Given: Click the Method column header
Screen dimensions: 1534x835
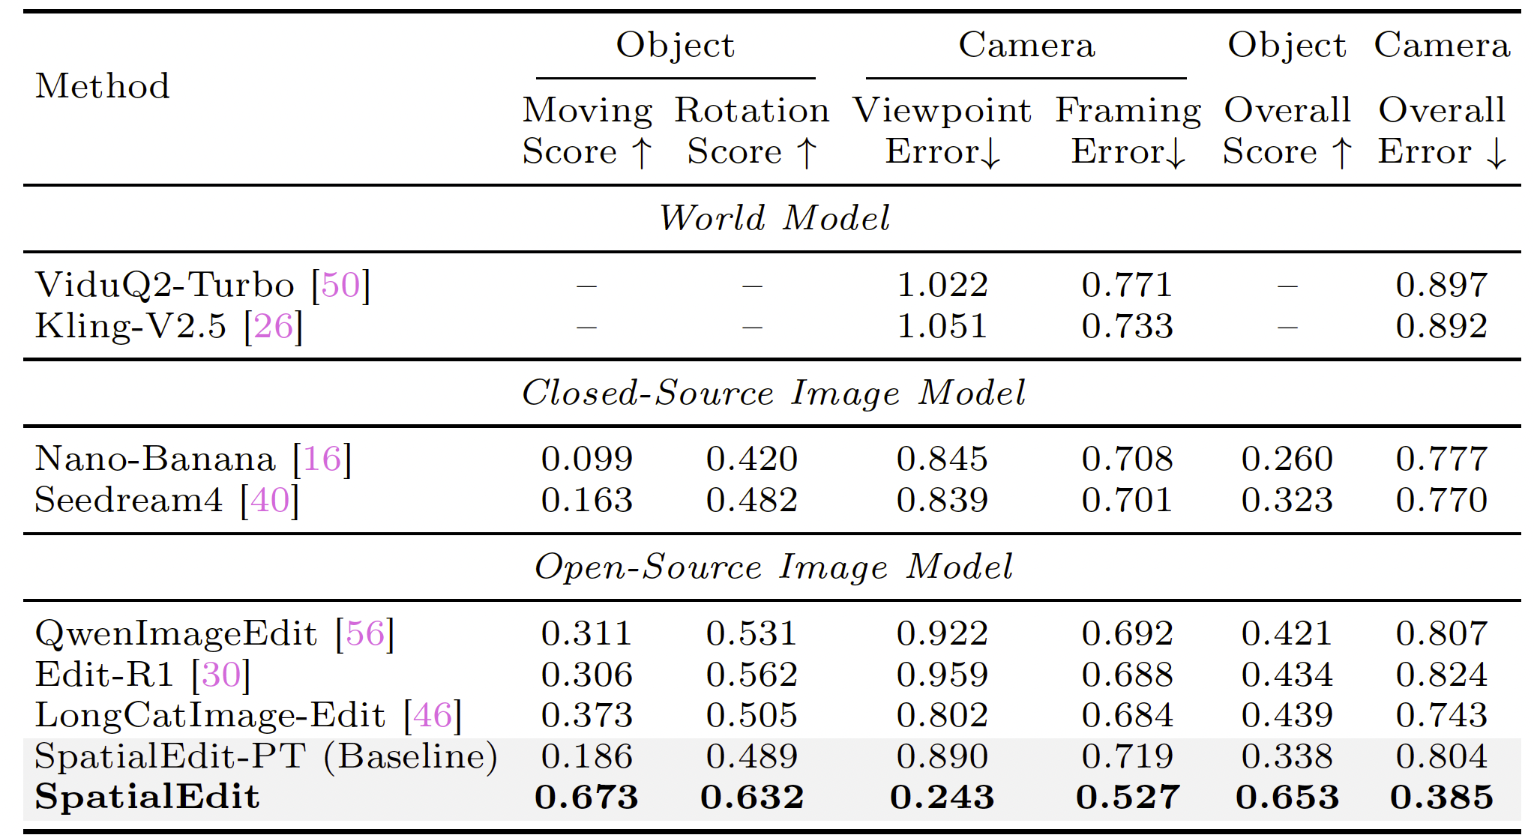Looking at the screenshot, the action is tap(103, 86).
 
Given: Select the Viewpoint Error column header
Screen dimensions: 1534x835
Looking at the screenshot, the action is tap(942, 131).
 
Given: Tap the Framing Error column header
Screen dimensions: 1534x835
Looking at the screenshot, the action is tap(1128, 131).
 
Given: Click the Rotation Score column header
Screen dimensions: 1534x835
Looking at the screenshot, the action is tap(752, 131).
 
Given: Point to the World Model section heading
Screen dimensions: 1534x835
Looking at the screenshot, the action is tap(774, 218).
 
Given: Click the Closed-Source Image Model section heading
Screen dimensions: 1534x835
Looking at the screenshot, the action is tap(774, 393).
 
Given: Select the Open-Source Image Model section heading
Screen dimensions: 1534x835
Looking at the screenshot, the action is tap(774, 567).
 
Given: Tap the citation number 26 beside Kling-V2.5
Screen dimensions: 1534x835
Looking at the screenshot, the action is tap(274, 326).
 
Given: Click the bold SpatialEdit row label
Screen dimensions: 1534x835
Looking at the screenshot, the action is tap(147, 797).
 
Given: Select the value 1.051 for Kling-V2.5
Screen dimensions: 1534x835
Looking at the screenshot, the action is tap(942, 326).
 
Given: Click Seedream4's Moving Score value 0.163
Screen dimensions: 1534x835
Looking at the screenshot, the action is tap(587, 500).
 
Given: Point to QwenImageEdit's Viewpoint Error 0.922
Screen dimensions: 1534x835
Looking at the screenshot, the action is tap(942, 633).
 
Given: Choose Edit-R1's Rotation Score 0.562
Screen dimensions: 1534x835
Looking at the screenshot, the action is tap(752, 675).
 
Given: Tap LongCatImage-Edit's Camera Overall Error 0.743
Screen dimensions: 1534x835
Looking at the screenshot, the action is tap(1442, 715).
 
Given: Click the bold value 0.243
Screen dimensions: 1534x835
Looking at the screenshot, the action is tap(942, 797).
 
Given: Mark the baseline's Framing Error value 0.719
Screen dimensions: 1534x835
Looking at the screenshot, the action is tap(1128, 756).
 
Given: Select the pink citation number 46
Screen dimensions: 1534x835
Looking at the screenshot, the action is tap(433, 715).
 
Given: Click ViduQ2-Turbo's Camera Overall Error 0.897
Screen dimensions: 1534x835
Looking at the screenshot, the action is tap(1442, 285).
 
